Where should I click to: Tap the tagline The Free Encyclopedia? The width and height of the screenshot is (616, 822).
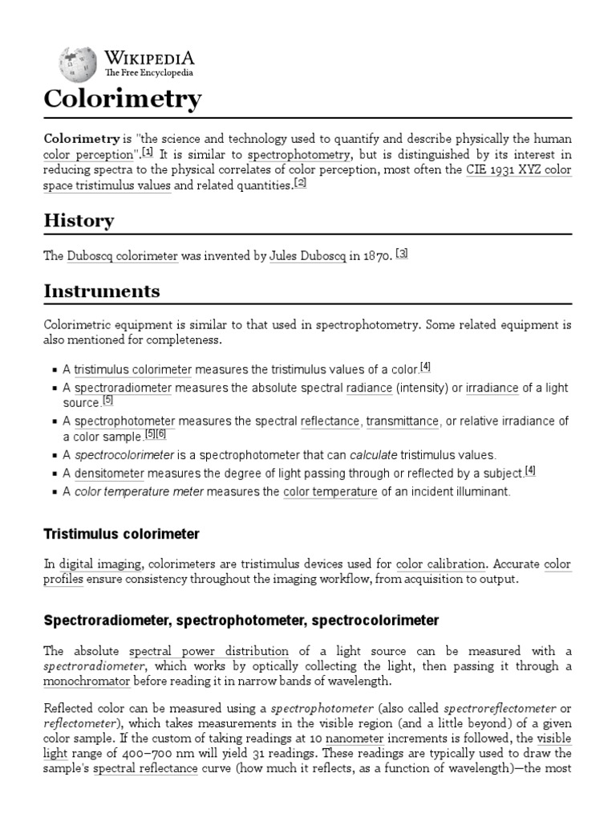point(149,73)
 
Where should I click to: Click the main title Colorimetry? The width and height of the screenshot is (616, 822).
point(122,100)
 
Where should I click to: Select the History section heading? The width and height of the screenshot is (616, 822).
point(79,220)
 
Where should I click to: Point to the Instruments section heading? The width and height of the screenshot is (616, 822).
point(101,291)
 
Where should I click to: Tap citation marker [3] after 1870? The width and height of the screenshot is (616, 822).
point(402,254)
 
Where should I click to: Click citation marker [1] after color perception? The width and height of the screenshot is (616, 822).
point(148,152)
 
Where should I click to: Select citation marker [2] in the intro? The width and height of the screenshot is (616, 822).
point(301,182)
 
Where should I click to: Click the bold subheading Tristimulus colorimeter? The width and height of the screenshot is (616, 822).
point(122,534)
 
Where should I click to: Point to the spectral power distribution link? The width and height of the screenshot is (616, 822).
point(209,651)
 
